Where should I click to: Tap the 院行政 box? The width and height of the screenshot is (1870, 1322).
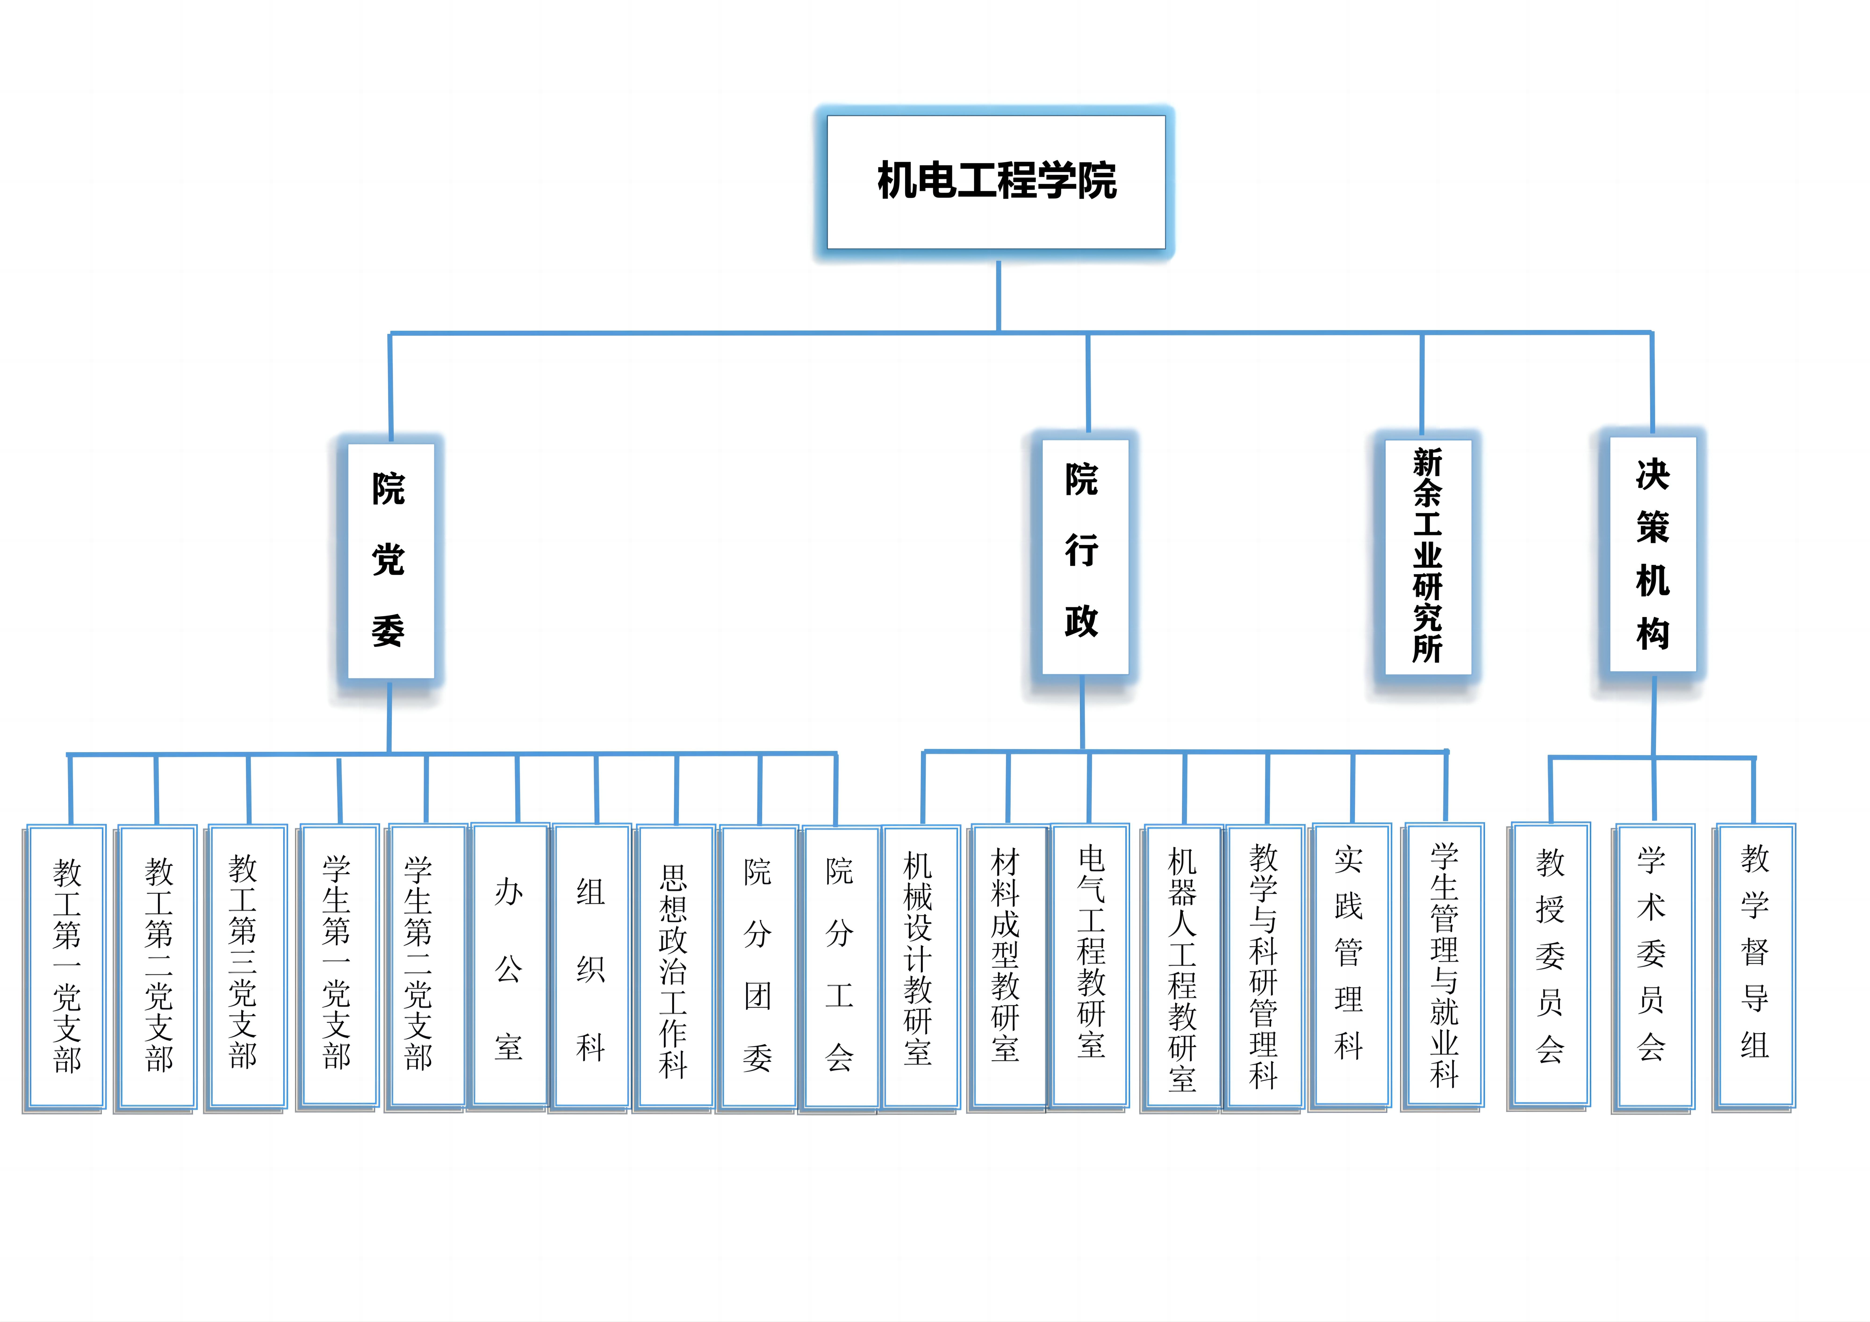(1084, 556)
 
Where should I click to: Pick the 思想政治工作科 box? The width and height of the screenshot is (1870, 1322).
(674, 967)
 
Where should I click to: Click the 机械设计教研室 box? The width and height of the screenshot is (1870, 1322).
(920, 967)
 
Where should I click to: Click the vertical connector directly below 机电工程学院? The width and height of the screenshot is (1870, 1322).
(999, 295)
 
